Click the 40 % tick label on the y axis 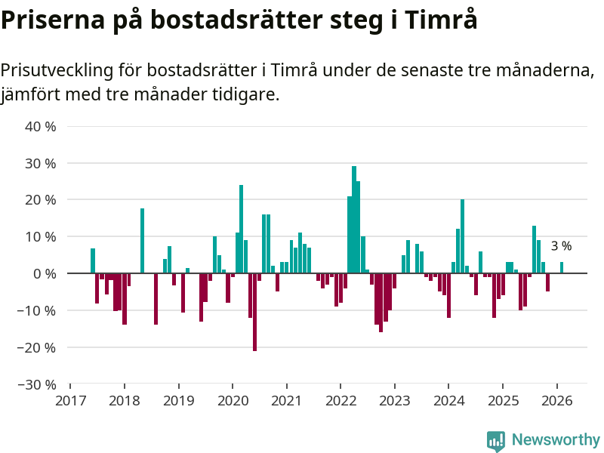41,127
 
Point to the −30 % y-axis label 38,384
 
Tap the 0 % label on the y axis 44,273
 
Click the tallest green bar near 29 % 354,219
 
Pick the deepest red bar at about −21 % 254,312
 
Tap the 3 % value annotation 561,246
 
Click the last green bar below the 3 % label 562,267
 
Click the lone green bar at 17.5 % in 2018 142,241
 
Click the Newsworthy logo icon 496,440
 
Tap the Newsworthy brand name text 556,440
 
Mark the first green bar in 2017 93,260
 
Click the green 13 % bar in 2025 534,249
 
